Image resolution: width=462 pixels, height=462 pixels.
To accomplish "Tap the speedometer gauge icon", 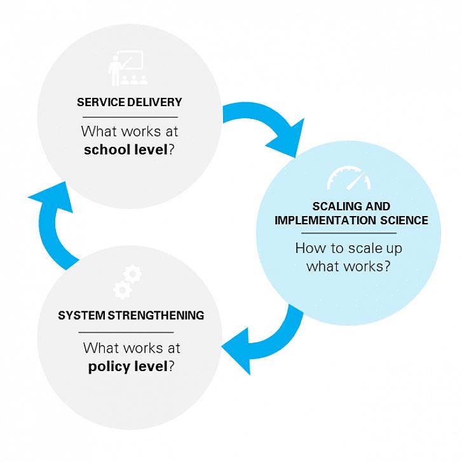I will [x=348, y=179].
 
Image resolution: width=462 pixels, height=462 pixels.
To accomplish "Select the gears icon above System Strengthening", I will [x=127, y=282].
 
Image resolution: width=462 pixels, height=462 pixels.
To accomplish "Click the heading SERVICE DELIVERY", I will [x=130, y=102].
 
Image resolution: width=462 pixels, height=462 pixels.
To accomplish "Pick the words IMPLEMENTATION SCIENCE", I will [x=351, y=221].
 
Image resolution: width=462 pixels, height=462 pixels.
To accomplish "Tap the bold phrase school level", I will [x=125, y=150].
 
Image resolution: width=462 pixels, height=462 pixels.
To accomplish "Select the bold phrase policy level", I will [x=128, y=367].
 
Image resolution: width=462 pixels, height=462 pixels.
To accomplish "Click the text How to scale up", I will [x=348, y=248].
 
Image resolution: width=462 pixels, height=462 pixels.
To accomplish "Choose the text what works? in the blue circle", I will [x=348, y=266].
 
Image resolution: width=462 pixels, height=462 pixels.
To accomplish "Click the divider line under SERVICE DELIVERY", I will [x=130, y=117].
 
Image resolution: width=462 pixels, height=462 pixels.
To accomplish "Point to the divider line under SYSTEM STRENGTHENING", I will [x=126, y=332].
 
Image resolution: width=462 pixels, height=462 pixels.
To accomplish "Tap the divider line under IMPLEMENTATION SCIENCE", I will [x=351, y=233].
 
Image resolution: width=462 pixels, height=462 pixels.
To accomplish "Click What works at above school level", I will [x=130, y=132].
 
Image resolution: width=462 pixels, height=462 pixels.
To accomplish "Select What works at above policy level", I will [x=132, y=348].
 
